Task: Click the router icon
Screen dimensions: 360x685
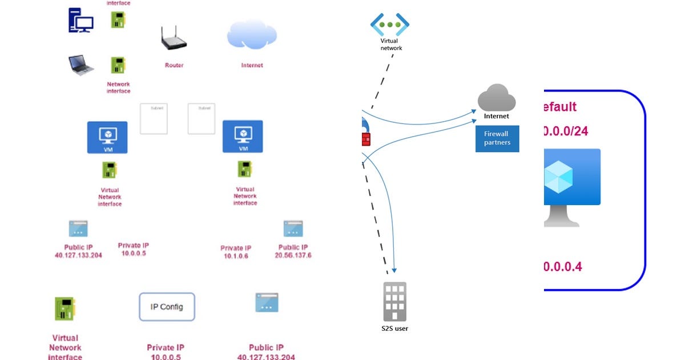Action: point(174,39)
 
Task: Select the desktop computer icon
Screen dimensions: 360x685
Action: point(80,21)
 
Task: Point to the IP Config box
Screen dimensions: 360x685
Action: point(167,307)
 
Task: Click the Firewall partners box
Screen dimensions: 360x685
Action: point(497,138)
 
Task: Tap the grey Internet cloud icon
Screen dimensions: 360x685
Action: point(496,98)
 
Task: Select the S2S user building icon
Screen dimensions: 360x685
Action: point(394,301)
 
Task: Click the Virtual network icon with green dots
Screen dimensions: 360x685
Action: point(390,25)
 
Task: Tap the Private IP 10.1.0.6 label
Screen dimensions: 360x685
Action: point(236,252)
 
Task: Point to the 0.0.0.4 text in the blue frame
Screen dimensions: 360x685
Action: point(563,266)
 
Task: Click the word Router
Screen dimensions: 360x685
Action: point(174,66)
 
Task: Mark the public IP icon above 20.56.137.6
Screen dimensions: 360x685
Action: point(293,229)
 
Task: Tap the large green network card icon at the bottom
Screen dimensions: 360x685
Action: point(65,311)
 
